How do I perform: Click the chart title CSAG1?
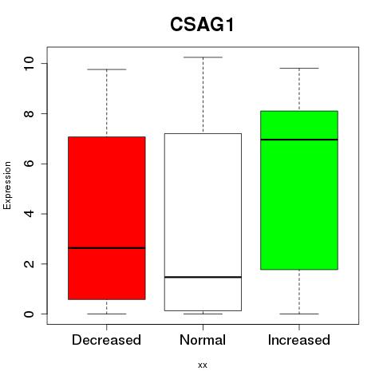tap(202, 25)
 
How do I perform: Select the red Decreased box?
tap(107, 218)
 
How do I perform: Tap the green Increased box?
tap(299, 190)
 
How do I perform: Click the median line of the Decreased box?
tap(107, 248)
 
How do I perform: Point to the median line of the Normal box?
tap(203, 277)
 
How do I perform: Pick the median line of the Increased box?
tap(299, 140)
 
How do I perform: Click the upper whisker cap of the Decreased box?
tap(107, 69)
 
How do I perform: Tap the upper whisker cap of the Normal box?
tap(203, 57)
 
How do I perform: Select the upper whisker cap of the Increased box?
tap(299, 68)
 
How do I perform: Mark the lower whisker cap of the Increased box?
tap(299, 314)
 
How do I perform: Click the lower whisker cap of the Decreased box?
tap(107, 314)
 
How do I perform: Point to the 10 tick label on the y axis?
tap(29, 63)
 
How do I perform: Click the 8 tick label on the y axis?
tap(29, 113)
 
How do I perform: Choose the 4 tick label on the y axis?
tap(29, 214)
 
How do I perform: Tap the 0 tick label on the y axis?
tap(29, 314)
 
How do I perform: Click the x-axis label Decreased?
tap(106, 340)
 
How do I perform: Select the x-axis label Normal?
tap(203, 340)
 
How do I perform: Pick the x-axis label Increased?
tap(299, 340)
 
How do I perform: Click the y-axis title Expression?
tap(7, 185)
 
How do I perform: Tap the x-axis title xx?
tap(203, 365)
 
